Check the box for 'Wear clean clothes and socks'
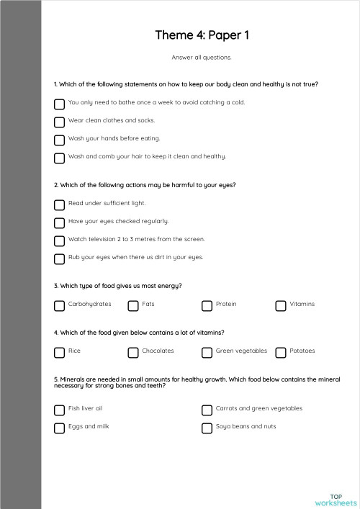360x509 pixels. pos(59,122)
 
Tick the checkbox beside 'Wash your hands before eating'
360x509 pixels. pos(59,140)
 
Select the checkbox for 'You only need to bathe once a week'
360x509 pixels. pos(59,104)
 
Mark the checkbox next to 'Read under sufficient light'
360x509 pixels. pos(59,204)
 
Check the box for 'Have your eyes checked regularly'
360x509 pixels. pos(59,222)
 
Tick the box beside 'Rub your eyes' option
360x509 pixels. pos(59,258)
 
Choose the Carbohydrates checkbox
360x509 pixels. pos(59,305)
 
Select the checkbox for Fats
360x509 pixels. pos(133,305)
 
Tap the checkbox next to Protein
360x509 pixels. pos(207,305)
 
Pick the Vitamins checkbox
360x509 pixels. pos(281,305)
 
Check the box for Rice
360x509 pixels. pos(59,352)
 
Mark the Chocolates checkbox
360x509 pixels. pos(133,352)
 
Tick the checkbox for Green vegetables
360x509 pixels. pos(207,352)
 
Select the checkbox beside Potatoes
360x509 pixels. pos(281,352)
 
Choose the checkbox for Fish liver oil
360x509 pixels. pos(59,410)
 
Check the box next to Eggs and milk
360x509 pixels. pos(59,428)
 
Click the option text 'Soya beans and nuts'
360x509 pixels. pos(246,427)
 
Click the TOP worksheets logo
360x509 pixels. pos(336,499)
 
